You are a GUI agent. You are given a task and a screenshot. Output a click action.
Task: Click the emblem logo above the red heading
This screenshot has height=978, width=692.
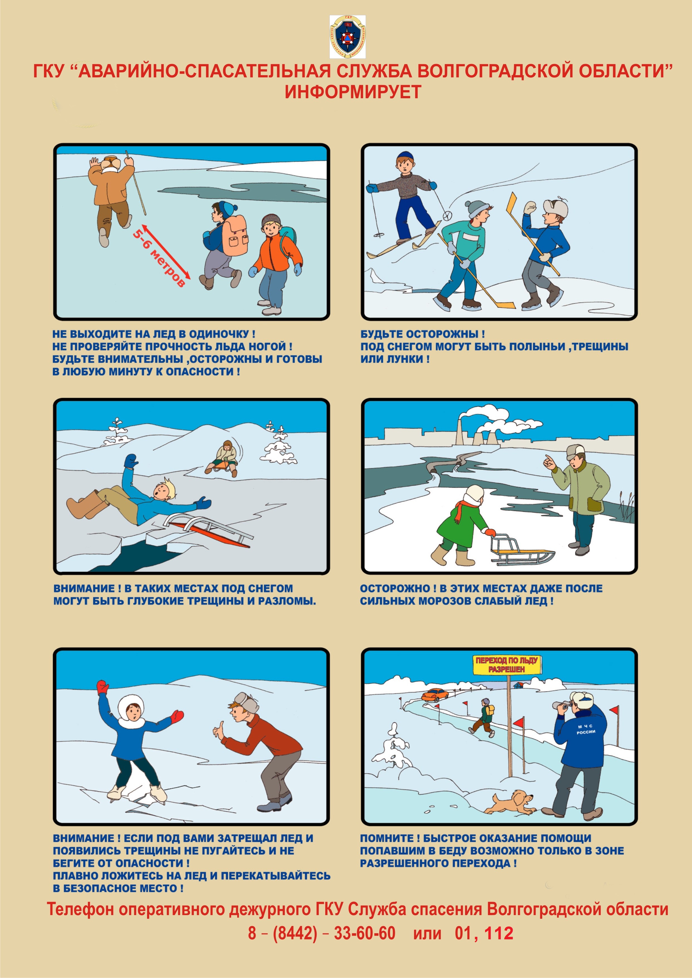click(x=347, y=37)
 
